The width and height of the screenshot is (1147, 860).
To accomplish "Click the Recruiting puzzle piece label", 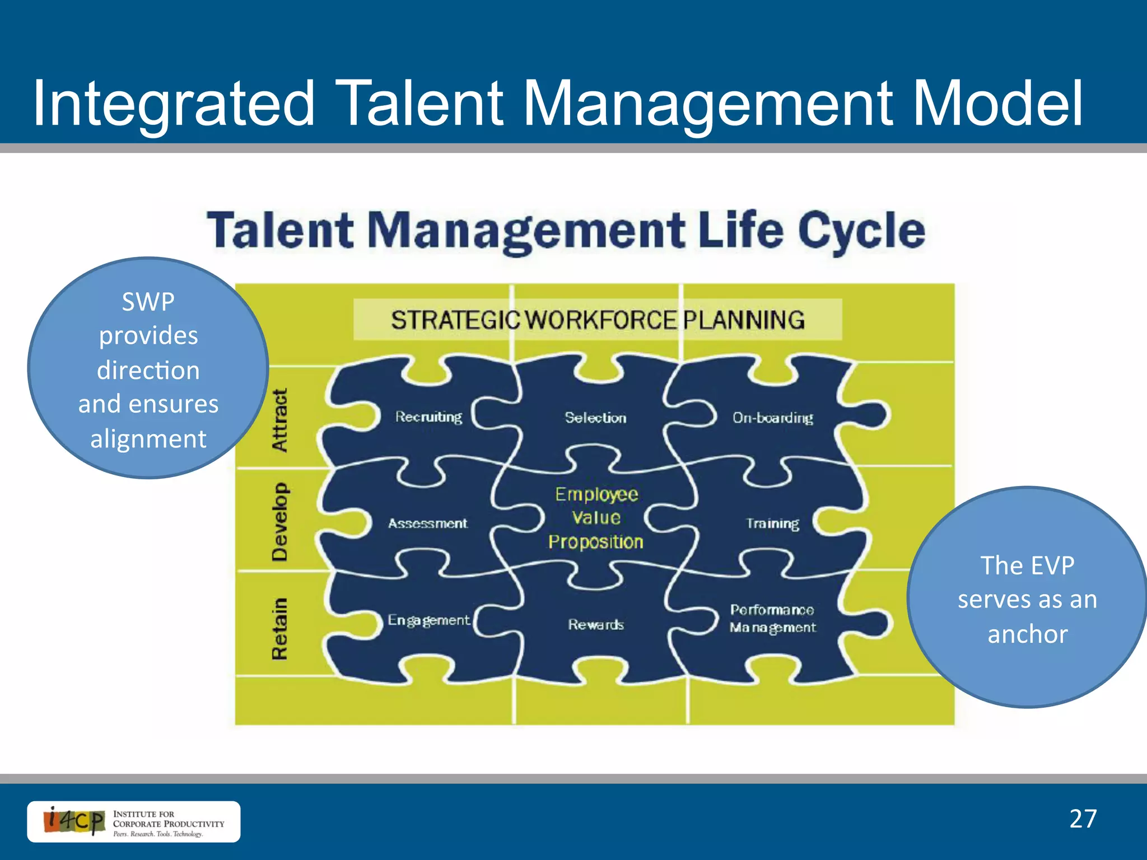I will pyautogui.click(x=428, y=417).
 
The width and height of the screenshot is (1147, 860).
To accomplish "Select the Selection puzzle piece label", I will pyautogui.click(x=595, y=418).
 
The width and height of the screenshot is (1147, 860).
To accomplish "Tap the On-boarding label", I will pyautogui.click(x=772, y=418).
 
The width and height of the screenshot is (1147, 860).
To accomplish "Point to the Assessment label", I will pyautogui.click(x=427, y=524).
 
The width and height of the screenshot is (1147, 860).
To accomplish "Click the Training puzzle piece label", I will pyautogui.click(x=772, y=524).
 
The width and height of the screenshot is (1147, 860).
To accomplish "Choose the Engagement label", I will pyautogui.click(x=428, y=620).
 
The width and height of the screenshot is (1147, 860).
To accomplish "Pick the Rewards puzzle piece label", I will pyautogui.click(x=595, y=624).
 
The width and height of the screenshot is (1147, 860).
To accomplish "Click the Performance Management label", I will pyautogui.click(x=772, y=619).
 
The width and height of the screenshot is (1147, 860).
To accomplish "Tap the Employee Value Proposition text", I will pyautogui.click(x=596, y=518).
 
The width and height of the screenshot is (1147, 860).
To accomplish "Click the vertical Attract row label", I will pyautogui.click(x=279, y=420).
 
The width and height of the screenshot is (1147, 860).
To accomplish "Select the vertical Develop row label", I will pyautogui.click(x=279, y=522).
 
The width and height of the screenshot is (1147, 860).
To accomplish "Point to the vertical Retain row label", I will pyautogui.click(x=279, y=629).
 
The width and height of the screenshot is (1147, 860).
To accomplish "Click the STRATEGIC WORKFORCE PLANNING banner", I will pyautogui.click(x=598, y=320).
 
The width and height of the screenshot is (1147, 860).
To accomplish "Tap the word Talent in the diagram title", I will pyautogui.click(x=280, y=231).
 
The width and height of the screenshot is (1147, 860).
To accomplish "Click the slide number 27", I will pyautogui.click(x=1083, y=819).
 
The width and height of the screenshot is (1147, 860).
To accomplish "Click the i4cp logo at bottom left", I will pyautogui.click(x=74, y=821).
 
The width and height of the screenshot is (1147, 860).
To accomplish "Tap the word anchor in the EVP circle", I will pyautogui.click(x=1027, y=634).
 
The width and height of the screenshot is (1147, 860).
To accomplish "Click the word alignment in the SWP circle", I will pyautogui.click(x=148, y=438).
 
